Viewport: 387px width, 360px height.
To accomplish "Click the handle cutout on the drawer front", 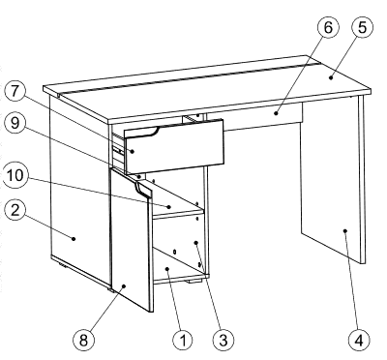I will click(x=141, y=130).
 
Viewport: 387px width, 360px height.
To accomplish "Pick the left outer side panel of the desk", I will click(x=77, y=194).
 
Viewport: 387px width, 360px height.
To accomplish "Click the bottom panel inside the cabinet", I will click(x=179, y=274).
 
